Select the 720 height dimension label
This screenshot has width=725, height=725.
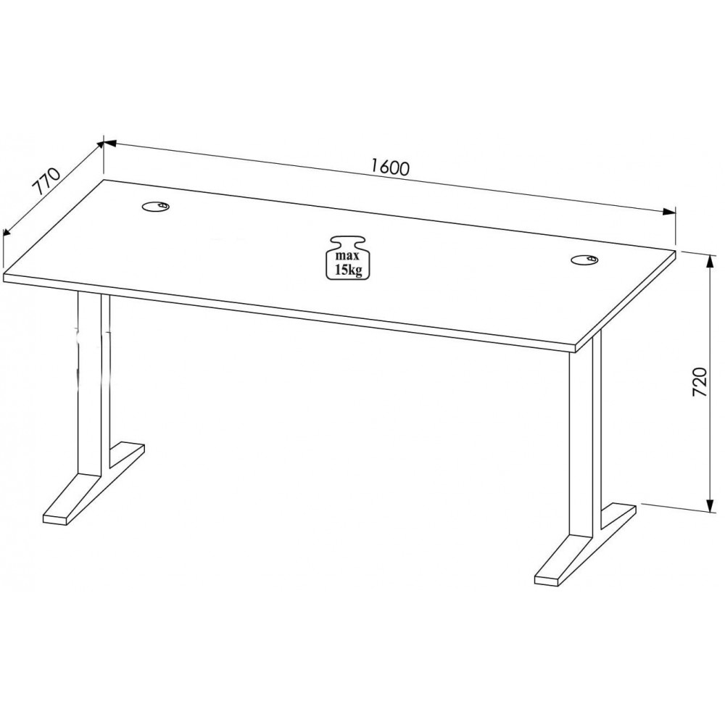(700, 382)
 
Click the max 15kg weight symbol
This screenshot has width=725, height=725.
(349, 258)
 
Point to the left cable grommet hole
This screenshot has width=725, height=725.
(156, 206)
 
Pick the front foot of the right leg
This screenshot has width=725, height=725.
(563, 561)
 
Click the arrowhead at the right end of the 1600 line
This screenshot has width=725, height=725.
(669, 212)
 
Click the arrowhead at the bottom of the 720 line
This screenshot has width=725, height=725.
(708, 505)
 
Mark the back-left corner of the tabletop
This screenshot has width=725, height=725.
(104, 179)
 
